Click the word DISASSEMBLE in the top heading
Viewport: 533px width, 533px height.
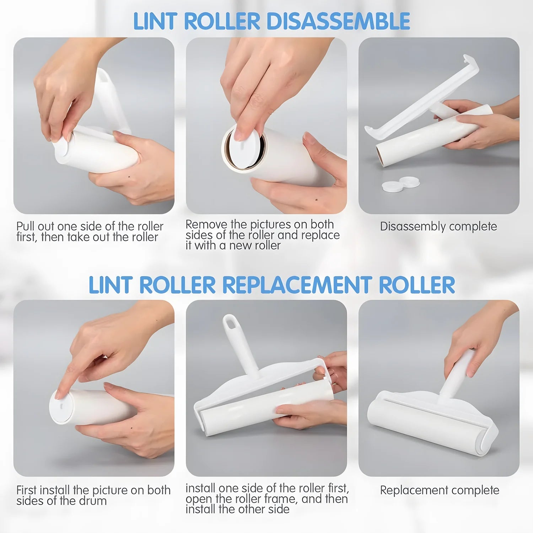pyautogui.click(x=338, y=21)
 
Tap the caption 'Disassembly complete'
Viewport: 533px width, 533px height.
pyautogui.click(x=438, y=227)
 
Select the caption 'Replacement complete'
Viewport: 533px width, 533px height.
pyautogui.click(x=440, y=490)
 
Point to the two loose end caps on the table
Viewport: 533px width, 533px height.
pyautogui.click(x=401, y=184)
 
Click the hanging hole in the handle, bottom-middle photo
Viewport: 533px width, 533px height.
pyautogui.click(x=230, y=323)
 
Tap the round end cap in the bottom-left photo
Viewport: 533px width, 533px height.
pyautogui.click(x=61, y=407)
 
